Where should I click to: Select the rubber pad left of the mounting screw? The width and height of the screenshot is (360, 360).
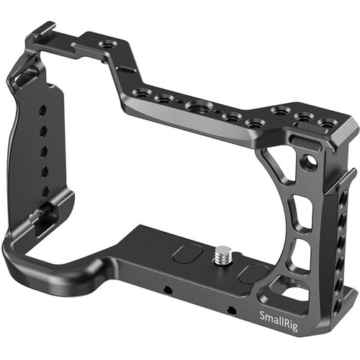(189, 256)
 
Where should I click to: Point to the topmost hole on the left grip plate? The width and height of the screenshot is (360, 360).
(45, 107)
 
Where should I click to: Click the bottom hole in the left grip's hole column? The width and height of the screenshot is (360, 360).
(44, 192)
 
